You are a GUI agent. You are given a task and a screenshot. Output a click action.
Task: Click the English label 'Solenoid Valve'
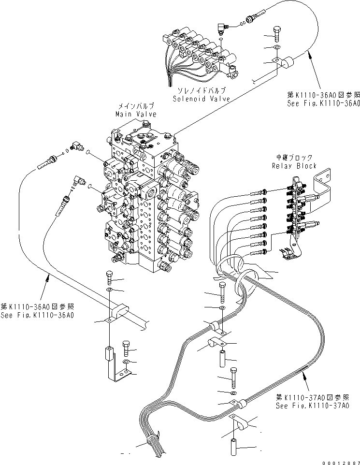click(202, 99)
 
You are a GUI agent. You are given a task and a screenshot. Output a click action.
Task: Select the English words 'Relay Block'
click(295, 166)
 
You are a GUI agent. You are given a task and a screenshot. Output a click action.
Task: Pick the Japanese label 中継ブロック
click(295, 158)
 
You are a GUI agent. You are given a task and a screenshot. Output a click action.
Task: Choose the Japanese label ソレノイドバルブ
click(202, 91)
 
